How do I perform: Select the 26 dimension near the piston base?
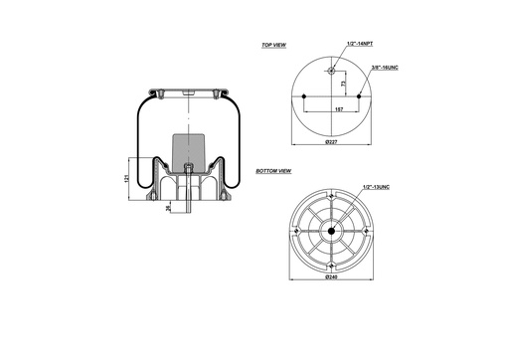(168, 207)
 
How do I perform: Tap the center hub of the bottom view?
(330, 231)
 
